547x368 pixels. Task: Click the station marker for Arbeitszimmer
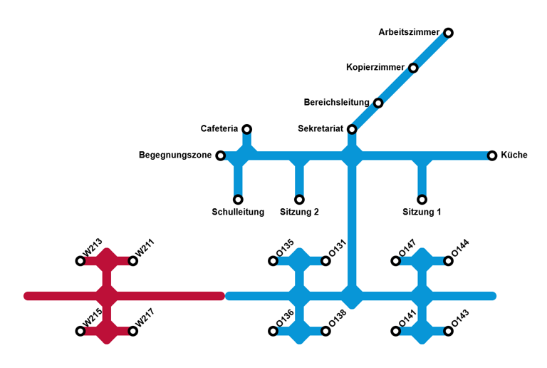click(x=448, y=33)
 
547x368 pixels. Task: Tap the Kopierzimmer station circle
click(x=413, y=68)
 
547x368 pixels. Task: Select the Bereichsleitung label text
click(x=336, y=103)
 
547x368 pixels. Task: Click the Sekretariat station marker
click(x=352, y=129)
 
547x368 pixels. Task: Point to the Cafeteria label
click(x=219, y=129)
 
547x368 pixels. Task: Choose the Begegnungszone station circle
click(x=221, y=155)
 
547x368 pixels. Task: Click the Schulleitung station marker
click(x=238, y=200)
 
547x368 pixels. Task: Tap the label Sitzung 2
click(x=299, y=212)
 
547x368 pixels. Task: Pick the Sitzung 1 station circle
click(x=422, y=200)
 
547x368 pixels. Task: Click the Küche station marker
click(x=492, y=155)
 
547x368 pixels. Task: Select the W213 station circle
click(x=80, y=261)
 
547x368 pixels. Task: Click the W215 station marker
click(x=80, y=331)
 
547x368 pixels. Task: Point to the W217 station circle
click(x=133, y=331)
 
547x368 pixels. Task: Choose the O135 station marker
click(x=273, y=261)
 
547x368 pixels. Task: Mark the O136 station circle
click(x=273, y=331)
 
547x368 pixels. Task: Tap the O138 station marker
click(x=325, y=331)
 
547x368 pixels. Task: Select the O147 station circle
click(x=396, y=261)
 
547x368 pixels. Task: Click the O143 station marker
click(x=449, y=331)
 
